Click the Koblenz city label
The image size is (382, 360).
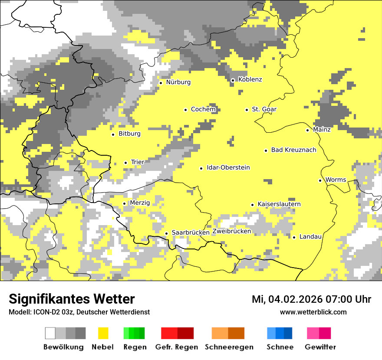(250, 79)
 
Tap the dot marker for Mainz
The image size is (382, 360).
(307, 130)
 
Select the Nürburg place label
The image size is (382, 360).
(178, 82)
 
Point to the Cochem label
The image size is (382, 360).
(203, 109)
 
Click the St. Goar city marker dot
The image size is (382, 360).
(247, 110)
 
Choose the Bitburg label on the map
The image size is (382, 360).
(129, 134)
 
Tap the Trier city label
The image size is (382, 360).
(138, 162)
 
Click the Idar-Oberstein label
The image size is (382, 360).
(228, 167)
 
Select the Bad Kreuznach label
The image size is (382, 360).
(293, 150)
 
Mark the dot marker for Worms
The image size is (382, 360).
(320, 180)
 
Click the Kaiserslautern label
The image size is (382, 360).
(279, 204)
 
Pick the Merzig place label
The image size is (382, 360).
(140, 203)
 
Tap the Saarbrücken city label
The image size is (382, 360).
(191, 232)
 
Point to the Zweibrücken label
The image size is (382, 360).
(232, 231)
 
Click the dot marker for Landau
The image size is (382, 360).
(294, 237)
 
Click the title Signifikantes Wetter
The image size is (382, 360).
(72, 299)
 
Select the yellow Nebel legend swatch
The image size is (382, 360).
(103, 333)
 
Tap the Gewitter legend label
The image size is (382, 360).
(320, 347)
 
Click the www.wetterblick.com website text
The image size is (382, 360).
(313, 312)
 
